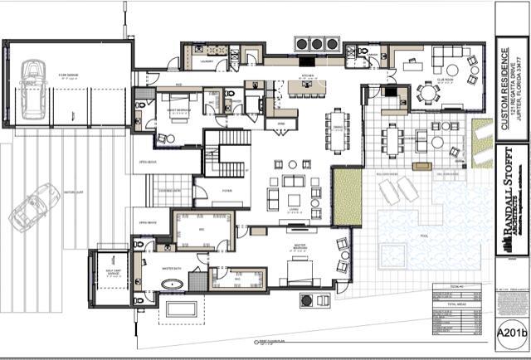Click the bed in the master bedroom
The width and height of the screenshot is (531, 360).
click(297, 269)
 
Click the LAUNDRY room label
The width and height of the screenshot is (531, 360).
click(208, 61)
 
